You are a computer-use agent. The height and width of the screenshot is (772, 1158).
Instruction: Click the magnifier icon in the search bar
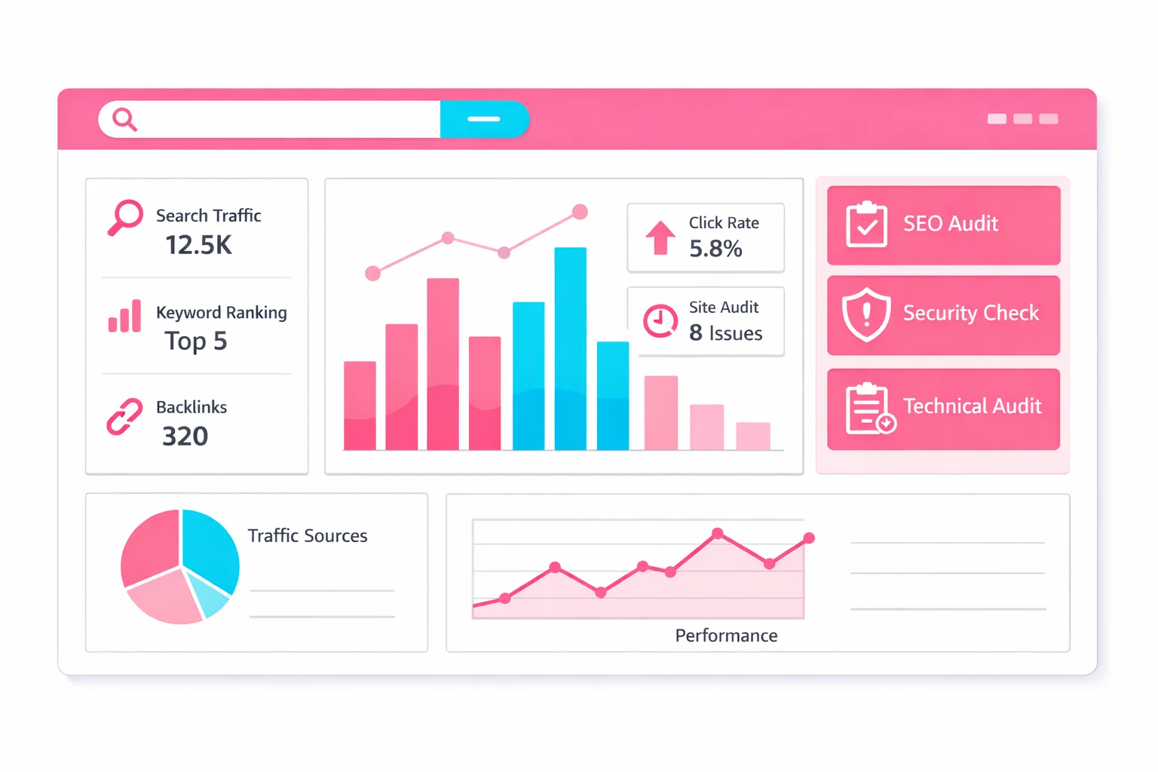click(124, 119)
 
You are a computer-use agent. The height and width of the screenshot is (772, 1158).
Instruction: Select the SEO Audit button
click(943, 225)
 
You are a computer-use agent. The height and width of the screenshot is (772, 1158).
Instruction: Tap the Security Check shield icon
click(866, 314)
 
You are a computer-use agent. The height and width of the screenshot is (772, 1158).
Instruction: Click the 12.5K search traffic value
click(199, 245)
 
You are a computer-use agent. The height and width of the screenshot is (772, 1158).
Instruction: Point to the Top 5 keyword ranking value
click(196, 342)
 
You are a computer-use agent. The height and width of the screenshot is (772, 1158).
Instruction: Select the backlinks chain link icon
click(124, 417)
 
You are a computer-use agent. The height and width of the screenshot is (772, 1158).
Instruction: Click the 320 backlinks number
click(185, 437)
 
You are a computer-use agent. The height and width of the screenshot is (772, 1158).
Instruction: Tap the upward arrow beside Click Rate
click(660, 237)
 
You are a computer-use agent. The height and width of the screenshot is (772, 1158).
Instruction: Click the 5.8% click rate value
click(715, 249)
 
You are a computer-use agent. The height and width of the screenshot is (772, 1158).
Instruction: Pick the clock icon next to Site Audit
click(660, 320)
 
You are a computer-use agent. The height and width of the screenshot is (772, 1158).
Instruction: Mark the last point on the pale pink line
click(580, 212)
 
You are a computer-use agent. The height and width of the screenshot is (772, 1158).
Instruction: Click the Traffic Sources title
click(308, 536)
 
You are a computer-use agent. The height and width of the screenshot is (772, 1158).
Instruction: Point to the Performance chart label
click(726, 636)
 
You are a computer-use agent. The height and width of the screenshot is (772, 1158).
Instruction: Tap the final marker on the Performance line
click(809, 538)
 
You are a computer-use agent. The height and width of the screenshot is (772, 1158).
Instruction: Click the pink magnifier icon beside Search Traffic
click(125, 217)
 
